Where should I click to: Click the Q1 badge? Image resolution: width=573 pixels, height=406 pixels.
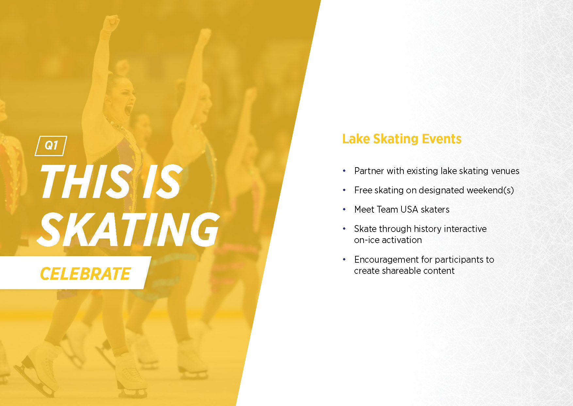point(51,146)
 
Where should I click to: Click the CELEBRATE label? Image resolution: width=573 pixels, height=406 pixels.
point(85,274)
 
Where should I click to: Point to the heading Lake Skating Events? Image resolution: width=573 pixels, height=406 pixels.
point(401,139)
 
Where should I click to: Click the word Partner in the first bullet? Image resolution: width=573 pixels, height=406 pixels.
point(369,171)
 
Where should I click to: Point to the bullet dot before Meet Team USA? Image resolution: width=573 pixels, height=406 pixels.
point(344,209)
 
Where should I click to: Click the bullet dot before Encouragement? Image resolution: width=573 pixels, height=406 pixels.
point(344,259)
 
